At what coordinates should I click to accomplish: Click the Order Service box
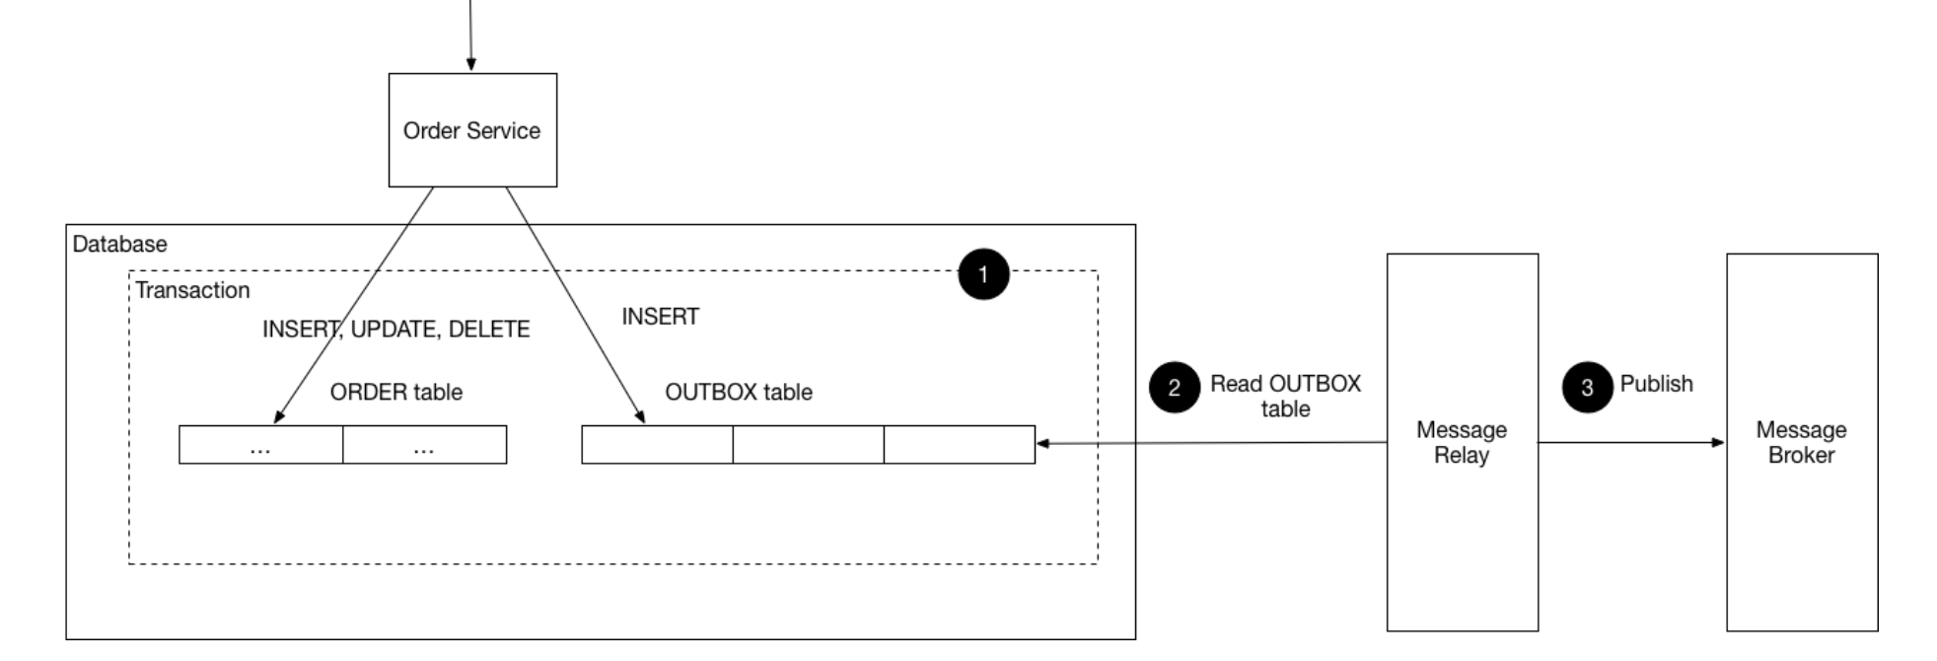(x=472, y=130)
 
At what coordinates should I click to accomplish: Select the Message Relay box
(x=1462, y=442)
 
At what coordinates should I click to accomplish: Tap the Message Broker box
(x=1801, y=442)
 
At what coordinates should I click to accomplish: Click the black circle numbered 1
(x=983, y=274)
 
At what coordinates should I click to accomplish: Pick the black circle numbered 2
(x=1174, y=387)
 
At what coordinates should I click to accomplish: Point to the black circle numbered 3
(x=1587, y=387)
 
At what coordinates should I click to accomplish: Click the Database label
(x=119, y=244)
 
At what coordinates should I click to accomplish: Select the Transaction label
(x=192, y=290)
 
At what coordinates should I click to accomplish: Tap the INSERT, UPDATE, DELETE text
(x=395, y=329)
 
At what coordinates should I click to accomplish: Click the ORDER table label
(x=395, y=392)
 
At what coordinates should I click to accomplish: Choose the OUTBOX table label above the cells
(x=738, y=392)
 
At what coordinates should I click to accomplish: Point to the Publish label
(x=1656, y=384)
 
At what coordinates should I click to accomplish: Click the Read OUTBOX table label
(x=1285, y=396)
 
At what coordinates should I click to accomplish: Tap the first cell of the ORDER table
(x=260, y=445)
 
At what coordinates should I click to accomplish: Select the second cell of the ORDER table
(x=424, y=445)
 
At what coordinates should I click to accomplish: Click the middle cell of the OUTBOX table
(x=808, y=445)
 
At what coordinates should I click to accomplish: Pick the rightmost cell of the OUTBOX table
(x=959, y=445)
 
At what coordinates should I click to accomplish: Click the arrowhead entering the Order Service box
(x=471, y=64)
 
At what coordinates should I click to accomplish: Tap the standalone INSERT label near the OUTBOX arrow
(x=660, y=317)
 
